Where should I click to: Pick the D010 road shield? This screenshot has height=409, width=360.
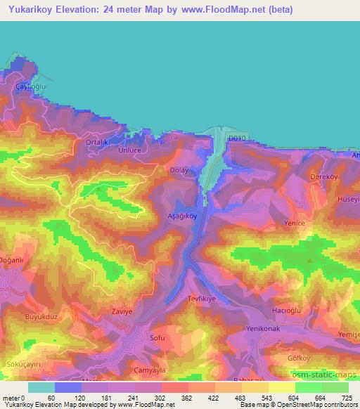237,139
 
